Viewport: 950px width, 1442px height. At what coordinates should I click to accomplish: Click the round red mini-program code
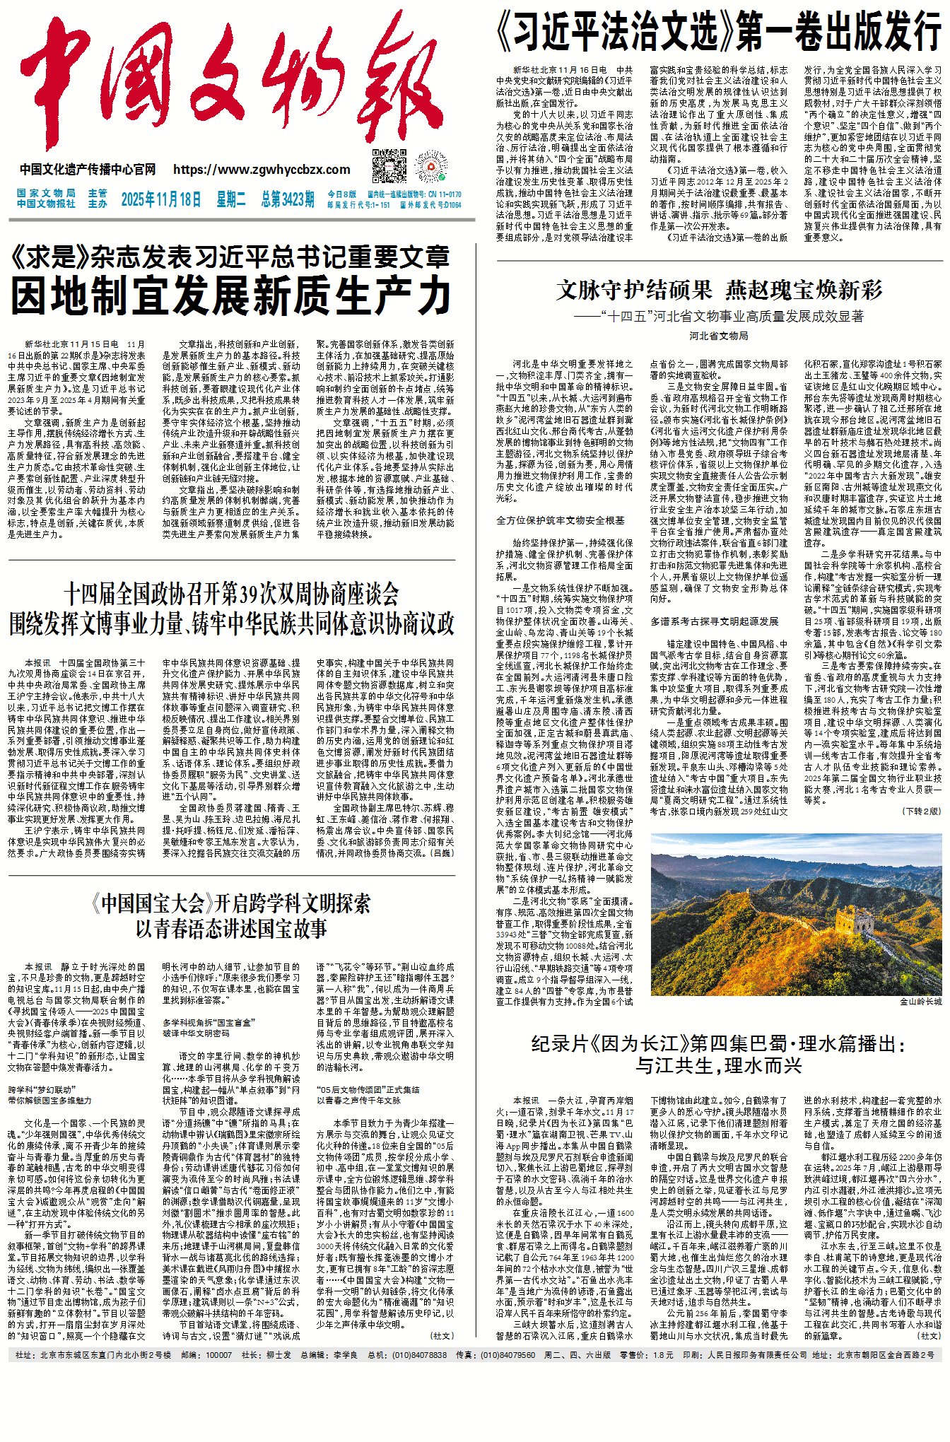coord(432,167)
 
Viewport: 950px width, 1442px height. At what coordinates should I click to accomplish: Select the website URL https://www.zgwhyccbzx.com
coord(262,170)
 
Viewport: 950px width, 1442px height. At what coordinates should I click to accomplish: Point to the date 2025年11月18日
coord(161,199)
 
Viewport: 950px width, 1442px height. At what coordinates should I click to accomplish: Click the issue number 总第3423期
coord(287,199)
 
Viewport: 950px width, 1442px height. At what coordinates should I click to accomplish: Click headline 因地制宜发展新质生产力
coord(231,295)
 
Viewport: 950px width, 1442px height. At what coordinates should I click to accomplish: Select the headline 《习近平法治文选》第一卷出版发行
coord(720,31)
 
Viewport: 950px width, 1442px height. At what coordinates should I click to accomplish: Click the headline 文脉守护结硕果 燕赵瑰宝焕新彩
coord(720,290)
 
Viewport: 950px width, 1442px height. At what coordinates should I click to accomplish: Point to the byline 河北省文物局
coord(719,336)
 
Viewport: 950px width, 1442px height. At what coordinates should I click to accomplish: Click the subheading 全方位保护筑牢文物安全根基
coord(561,520)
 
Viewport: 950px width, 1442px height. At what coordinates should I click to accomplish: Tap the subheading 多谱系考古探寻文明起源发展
coord(714,621)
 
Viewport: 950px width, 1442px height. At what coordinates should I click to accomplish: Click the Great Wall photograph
coord(796,914)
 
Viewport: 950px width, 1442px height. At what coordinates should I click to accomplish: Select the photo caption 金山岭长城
coord(920,1002)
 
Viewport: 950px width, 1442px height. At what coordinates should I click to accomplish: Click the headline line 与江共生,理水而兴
coord(719,1066)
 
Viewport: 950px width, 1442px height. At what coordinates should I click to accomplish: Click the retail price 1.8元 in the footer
coord(663,1355)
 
